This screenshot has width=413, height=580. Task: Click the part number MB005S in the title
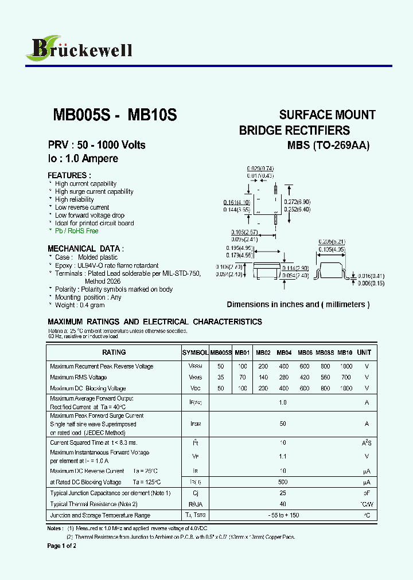[x=81, y=115]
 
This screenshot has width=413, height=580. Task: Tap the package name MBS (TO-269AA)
[x=329, y=146]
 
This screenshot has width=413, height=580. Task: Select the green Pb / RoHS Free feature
[x=76, y=231]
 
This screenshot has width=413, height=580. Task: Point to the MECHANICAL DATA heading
[x=85, y=249]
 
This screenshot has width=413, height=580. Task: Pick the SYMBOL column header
[x=195, y=352]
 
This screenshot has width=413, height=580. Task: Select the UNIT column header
[x=364, y=352]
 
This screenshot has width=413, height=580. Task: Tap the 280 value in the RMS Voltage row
[x=284, y=378]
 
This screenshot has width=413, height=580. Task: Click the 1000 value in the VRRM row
[x=346, y=366]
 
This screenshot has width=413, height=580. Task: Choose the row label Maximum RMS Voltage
[x=79, y=378]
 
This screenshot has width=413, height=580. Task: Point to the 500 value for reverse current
[x=283, y=482]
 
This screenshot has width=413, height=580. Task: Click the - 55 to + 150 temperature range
[x=283, y=516]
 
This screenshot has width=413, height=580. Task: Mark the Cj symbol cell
[x=195, y=493]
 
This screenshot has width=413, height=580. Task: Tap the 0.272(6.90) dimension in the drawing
[x=298, y=202]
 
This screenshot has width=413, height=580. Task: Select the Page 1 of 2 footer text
[x=61, y=546]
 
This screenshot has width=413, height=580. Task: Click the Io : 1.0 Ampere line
[x=83, y=159]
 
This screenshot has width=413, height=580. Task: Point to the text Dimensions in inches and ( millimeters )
[x=298, y=305]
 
